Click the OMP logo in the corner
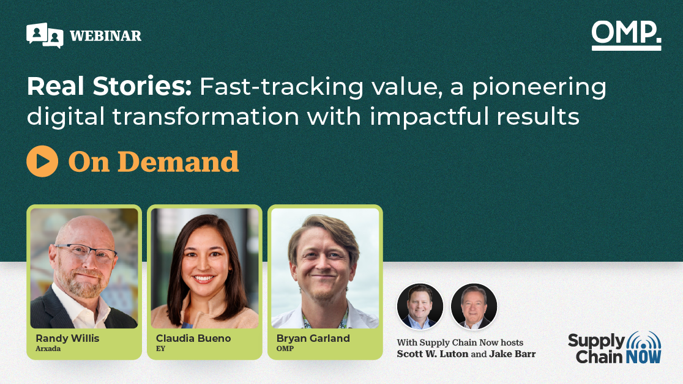[x=626, y=35]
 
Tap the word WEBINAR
[x=105, y=35]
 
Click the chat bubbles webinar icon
[x=45, y=35]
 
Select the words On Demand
[x=154, y=161]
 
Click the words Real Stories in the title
[x=110, y=86]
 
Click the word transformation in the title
[x=206, y=117]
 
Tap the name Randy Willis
[x=67, y=338]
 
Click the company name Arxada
[x=48, y=349]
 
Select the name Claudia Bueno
[x=193, y=338]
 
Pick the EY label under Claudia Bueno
[x=161, y=349]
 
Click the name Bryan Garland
[x=313, y=338]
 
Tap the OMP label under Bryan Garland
[x=285, y=349]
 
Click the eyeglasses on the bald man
[x=87, y=251]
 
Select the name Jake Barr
[x=512, y=354]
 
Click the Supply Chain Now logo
[x=614, y=347]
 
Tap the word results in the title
[x=538, y=117]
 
